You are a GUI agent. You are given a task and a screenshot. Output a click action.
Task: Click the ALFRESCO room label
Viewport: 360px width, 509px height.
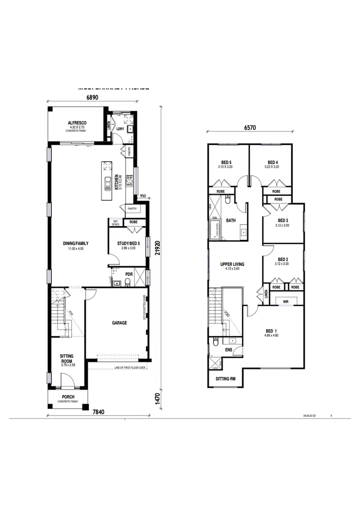pos(76,123)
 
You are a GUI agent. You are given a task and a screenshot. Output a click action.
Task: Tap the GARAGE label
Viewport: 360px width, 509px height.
pos(120,323)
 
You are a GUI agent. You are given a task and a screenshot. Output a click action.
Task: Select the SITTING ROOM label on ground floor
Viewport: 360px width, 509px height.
pos(67,358)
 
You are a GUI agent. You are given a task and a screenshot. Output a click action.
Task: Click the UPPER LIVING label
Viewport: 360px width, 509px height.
pos(232,264)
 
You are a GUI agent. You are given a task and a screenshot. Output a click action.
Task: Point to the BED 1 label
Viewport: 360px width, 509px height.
pos(271,331)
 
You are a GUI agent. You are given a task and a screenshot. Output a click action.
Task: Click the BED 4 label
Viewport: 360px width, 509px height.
pos(273,162)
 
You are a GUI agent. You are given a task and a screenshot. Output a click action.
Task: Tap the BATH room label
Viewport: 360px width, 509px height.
pos(231,221)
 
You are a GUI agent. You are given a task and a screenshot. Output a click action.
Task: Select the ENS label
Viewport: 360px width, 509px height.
pos(229,350)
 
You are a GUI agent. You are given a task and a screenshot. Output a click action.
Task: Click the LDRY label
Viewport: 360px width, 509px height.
pos(120,129)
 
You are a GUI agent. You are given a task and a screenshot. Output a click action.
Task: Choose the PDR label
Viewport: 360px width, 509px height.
pos(129,274)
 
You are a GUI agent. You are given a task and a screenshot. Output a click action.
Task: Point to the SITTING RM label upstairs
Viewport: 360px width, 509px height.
pos(226,379)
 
